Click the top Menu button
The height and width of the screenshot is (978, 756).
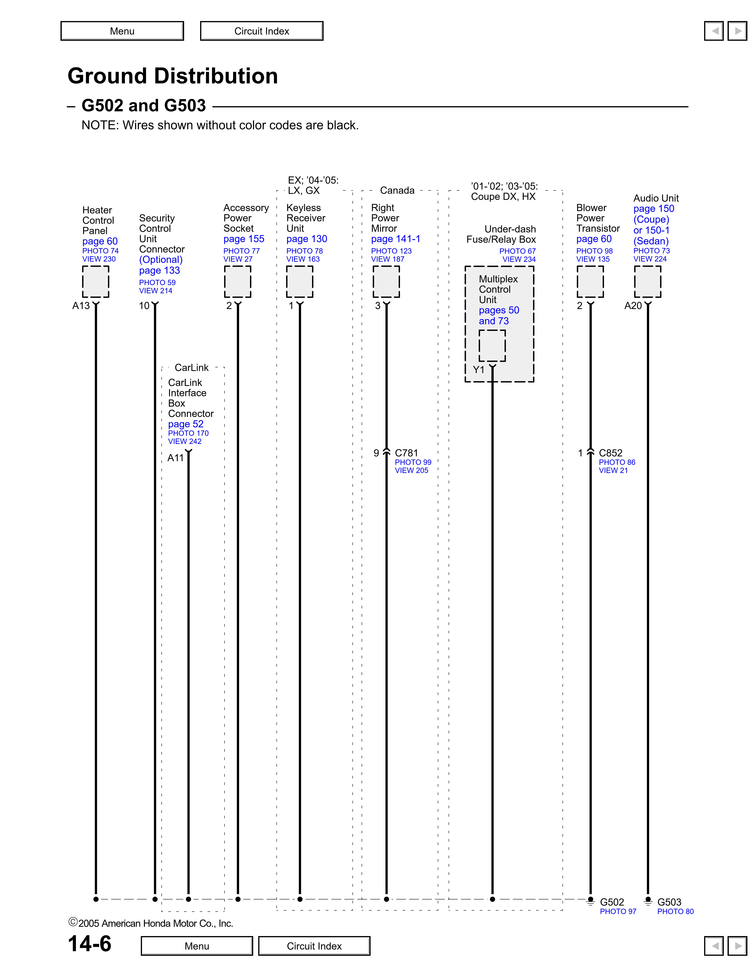pyautogui.click(x=122, y=31)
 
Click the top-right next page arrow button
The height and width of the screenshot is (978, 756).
pyautogui.click(x=737, y=31)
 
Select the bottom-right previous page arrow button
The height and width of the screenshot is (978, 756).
pyautogui.click(x=714, y=946)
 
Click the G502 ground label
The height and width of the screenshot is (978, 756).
pyautogui.click(x=612, y=902)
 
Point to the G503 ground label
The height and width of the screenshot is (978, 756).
pyautogui.click(x=669, y=902)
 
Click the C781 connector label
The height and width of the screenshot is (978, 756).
pyautogui.click(x=406, y=453)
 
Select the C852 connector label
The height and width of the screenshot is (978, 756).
pyautogui.click(x=610, y=453)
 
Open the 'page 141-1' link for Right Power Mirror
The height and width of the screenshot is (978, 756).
pyautogui.click(x=395, y=239)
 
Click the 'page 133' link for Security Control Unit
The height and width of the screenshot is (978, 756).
pyautogui.click(x=160, y=270)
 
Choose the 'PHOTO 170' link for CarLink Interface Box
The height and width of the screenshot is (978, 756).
pyautogui.click(x=188, y=433)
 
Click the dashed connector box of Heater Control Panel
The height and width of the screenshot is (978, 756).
pyautogui.click(x=95, y=282)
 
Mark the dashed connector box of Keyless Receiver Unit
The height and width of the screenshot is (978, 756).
pyautogui.click(x=300, y=282)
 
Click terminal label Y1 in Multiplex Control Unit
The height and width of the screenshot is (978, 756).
pyautogui.click(x=479, y=369)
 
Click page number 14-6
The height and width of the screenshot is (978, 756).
pyautogui.click(x=90, y=943)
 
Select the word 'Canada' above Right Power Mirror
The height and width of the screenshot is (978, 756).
pyautogui.click(x=397, y=190)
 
